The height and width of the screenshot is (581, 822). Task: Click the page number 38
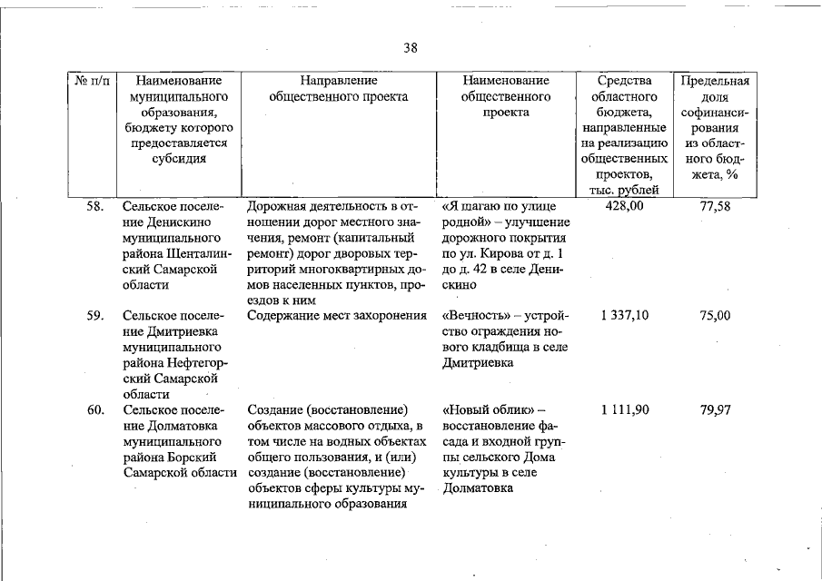pyautogui.click(x=411, y=48)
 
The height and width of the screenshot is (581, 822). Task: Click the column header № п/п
pyautogui.click(x=93, y=81)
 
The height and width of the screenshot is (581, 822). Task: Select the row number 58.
pyautogui.click(x=94, y=207)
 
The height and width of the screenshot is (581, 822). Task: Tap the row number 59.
pyautogui.click(x=94, y=316)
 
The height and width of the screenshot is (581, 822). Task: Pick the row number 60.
pyautogui.click(x=94, y=410)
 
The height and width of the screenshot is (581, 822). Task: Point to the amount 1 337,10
pyautogui.click(x=624, y=316)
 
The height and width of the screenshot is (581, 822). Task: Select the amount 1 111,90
pyautogui.click(x=624, y=410)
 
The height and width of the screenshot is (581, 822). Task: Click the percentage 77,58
pyautogui.click(x=715, y=207)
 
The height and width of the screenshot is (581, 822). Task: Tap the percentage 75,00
pyautogui.click(x=715, y=316)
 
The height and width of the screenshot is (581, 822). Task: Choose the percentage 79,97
pyautogui.click(x=715, y=410)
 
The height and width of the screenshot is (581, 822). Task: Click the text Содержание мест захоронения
pyautogui.click(x=336, y=316)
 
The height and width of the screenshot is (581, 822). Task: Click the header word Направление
pyautogui.click(x=339, y=81)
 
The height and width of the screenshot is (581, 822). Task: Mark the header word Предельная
pyautogui.click(x=715, y=81)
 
